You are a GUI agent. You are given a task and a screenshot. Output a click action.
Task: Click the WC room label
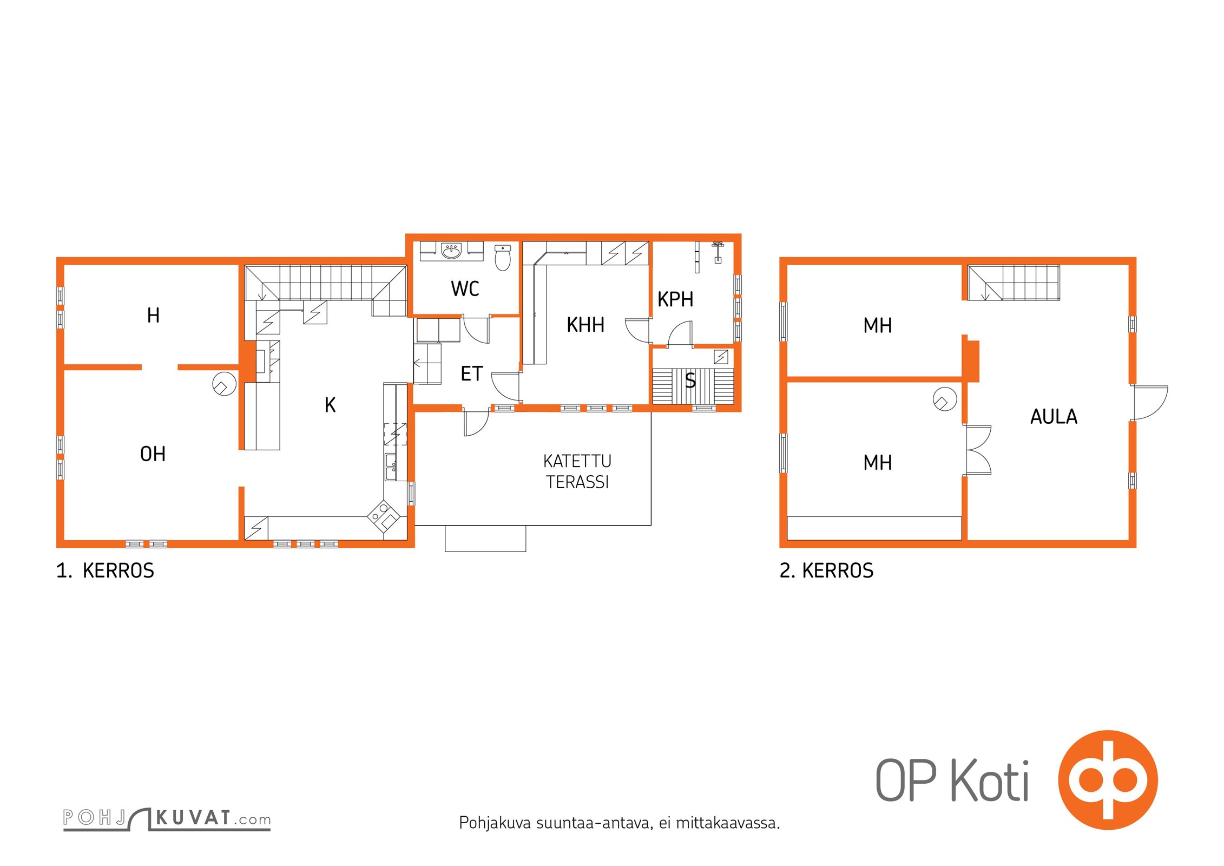(465, 288)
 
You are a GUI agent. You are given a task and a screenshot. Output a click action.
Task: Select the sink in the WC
(451, 251)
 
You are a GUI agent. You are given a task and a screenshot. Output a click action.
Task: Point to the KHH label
(585, 325)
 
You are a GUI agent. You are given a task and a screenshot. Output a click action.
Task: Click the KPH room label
(675, 299)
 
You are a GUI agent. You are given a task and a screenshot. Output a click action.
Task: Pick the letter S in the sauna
(690, 380)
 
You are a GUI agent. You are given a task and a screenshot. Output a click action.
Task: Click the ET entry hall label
(471, 373)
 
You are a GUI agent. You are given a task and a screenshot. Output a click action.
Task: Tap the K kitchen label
(330, 405)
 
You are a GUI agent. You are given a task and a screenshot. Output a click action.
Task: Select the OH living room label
(153, 454)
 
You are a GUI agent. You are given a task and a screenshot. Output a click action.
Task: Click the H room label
(153, 315)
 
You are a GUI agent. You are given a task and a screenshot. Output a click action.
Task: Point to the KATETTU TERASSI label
(577, 471)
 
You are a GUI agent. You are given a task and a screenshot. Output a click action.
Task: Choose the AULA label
(1054, 417)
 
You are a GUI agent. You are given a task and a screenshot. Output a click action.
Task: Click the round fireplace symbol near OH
(224, 384)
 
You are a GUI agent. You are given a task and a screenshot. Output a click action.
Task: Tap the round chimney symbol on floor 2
(945, 399)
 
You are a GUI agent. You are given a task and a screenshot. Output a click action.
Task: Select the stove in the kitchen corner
(384, 516)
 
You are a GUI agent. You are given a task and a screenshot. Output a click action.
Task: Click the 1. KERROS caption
(105, 571)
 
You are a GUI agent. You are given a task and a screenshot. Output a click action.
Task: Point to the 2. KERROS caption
(826, 571)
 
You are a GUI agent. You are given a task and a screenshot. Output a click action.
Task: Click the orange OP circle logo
(1108, 780)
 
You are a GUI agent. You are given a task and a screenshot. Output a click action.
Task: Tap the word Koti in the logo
(990, 780)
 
